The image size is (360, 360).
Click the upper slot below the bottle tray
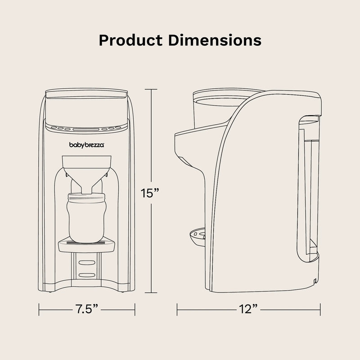[x=86, y=261]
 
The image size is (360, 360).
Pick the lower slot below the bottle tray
[x=86, y=274]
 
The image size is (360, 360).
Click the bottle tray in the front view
[x=86, y=243]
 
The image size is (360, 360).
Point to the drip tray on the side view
[x=197, y=235]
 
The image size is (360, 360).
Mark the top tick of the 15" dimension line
[x=151, y=89]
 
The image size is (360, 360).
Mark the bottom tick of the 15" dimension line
[x=151, y=293]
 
